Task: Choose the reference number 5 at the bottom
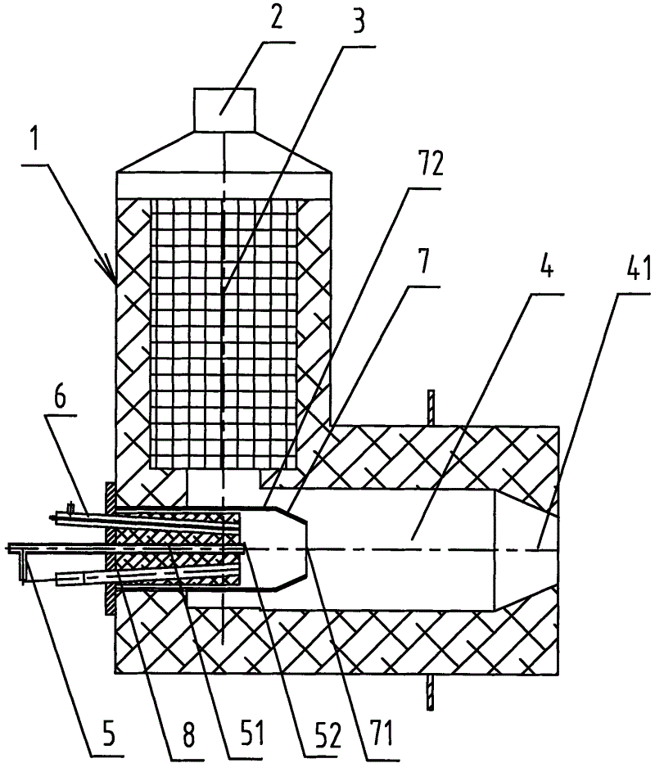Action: pos(109,736)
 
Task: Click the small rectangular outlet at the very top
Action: pos(224,110)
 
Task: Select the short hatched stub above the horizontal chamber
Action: pos(430,408)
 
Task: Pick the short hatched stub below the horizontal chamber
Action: pos(430,693)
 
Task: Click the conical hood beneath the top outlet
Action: pos(224,151)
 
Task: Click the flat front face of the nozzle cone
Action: pos(306,549)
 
